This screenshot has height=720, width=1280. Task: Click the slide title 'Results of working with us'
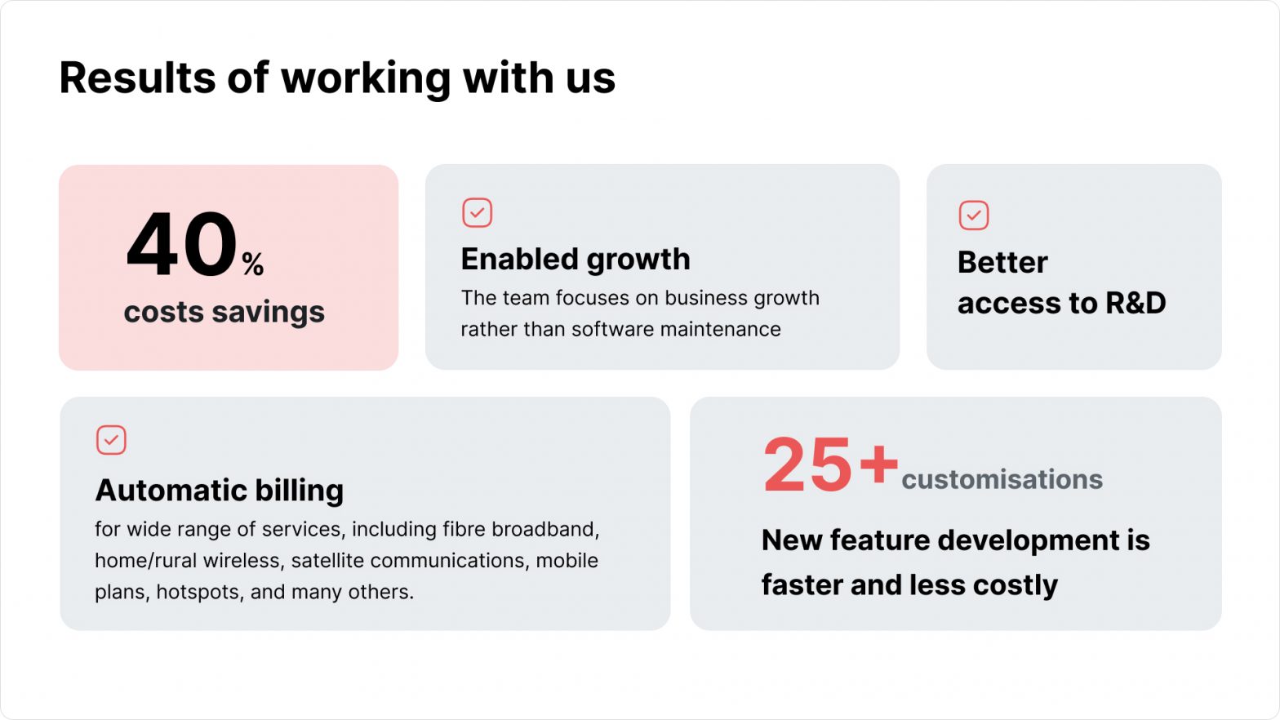(337, 78)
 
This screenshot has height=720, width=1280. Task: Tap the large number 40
(182, 245)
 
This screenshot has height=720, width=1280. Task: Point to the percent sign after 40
(252, 264)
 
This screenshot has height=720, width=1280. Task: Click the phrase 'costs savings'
(224, 313)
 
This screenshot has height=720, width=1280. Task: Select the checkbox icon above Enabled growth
(477, 212)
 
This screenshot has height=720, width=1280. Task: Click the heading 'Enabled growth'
(576, 260)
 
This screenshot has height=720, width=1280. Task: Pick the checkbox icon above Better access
(974, 216)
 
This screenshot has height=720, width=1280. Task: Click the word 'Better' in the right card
(1002, 263)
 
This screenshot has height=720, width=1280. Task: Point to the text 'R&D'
(1136, 303)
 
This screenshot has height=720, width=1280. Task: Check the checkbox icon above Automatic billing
(111, 440)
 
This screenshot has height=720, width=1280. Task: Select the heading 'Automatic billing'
(220, 491)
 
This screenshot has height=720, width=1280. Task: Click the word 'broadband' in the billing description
(545, 529)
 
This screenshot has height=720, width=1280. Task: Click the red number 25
(807, 464)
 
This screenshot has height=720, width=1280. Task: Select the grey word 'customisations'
(1002, 479)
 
